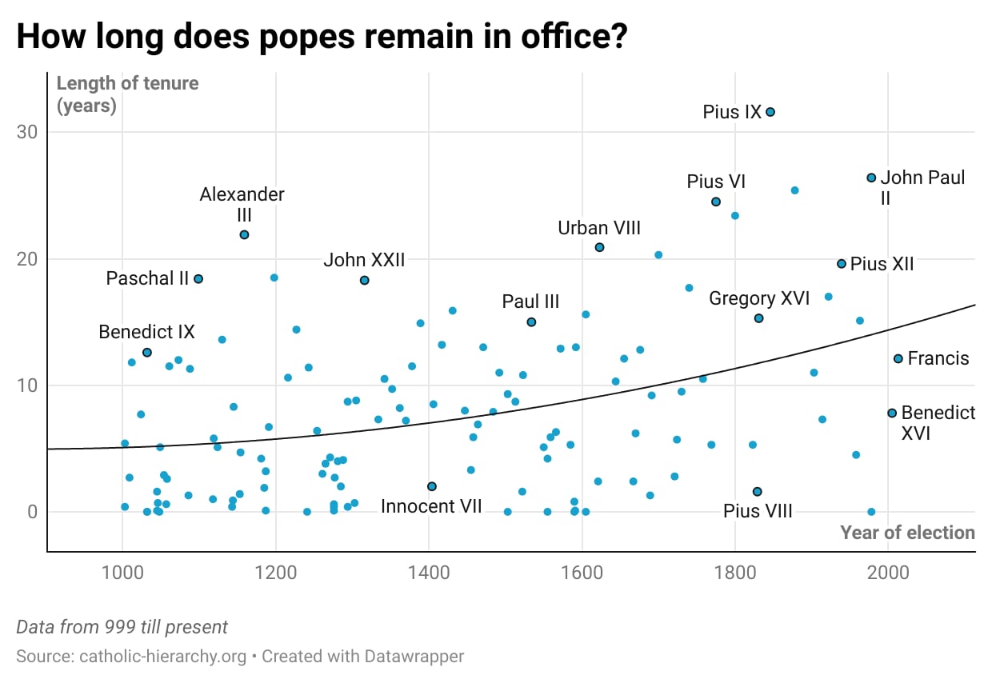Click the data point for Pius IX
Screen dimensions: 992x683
[770, 112]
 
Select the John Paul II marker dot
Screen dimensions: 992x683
[871, 178]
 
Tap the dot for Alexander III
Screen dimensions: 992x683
[244, 234]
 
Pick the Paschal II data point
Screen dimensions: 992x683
[198, 279]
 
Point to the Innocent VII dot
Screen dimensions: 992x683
[432, 486]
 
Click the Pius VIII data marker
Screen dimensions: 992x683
[758, 492]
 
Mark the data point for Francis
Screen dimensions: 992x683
[898, 359]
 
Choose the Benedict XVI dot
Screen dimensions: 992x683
[892, 413]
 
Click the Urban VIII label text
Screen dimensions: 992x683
[599, 229]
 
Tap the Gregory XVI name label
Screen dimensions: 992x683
[759, 299]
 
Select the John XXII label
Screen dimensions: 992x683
[364, 260]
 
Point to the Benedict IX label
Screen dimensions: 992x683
[146, 332]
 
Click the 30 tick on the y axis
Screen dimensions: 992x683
[27, 132]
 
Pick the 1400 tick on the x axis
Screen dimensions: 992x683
[429, 573]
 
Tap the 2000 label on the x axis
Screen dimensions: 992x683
[888, 573]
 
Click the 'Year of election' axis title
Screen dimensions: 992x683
[907, 533]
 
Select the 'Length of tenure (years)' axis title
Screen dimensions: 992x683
[127, 94]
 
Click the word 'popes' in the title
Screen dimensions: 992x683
[307, 37]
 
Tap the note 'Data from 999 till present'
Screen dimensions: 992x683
[122, 627]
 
